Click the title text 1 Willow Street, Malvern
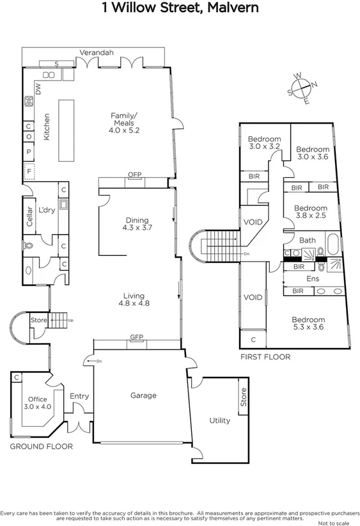point(180,8)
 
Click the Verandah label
point(97,52)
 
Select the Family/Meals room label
point(123,122)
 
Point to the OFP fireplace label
point(134,175)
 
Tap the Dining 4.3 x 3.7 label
point(137,223)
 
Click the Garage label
point(143,395)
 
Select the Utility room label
point(220,420)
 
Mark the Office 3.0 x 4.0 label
point(38,403)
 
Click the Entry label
point(79,396)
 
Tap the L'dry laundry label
point(46,210)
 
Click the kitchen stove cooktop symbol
point(29,101)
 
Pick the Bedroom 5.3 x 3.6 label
point(308,324)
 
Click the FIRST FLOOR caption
point(265,356)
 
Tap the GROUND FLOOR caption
point(41,446)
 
